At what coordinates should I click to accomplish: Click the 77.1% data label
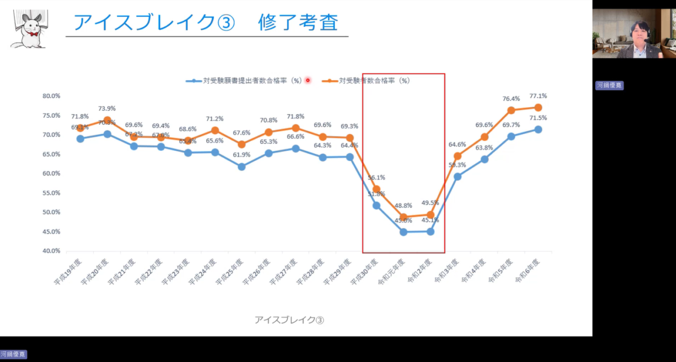pyautogui.click(x=538, y=96)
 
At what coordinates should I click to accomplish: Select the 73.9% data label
pyautogui.click(x=107, y=108)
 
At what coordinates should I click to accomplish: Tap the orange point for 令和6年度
pyautogui.click(x=538, y=107)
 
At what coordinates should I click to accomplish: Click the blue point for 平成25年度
pyautogui.click(x=242, y=166)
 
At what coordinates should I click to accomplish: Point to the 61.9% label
pyautogui.click(x=242, y=155)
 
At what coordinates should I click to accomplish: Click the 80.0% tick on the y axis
pyautogui.click(x=51, y=96)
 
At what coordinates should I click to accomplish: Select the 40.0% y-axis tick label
pyautogui.click(x=51, y=251)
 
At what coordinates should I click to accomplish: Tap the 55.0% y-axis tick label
pyautogui.click(x=51, y=193)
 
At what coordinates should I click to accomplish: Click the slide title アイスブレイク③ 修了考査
pyautogui.click(x=205, y=23)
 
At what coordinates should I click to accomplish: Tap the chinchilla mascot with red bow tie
pyautogui.click(x=29, y=29)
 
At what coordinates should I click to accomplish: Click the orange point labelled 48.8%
pyautogui.click(x=403, y=217)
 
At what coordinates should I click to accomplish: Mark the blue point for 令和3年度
pyautogui.click(x=457, y=177)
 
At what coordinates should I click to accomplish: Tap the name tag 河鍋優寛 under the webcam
pyautogui.click(x=609, y=85)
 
